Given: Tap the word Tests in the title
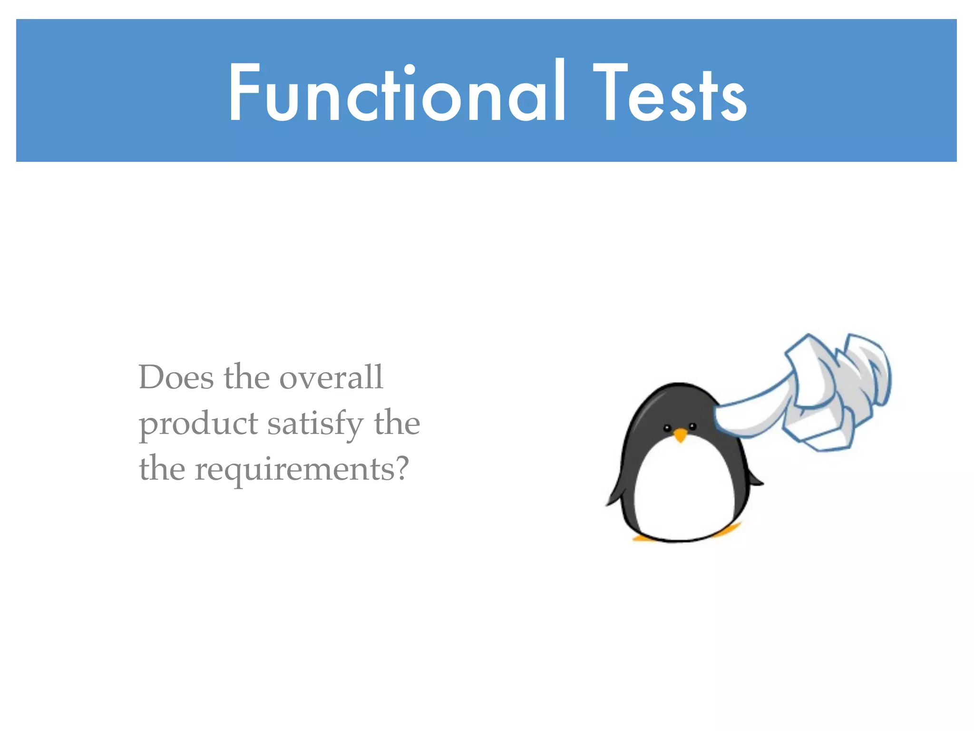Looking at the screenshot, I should click(x=670, y=92).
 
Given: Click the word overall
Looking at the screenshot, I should click(x=331, y=377).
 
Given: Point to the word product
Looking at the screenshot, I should click(x=198, y=424).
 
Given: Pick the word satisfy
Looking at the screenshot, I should click(x=315, y=424).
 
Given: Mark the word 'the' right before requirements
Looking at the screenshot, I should click(x=162, y=469).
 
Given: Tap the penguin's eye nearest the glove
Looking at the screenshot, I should click(x=692, y=426).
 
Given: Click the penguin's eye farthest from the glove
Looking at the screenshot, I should click(x=667, y=428).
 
